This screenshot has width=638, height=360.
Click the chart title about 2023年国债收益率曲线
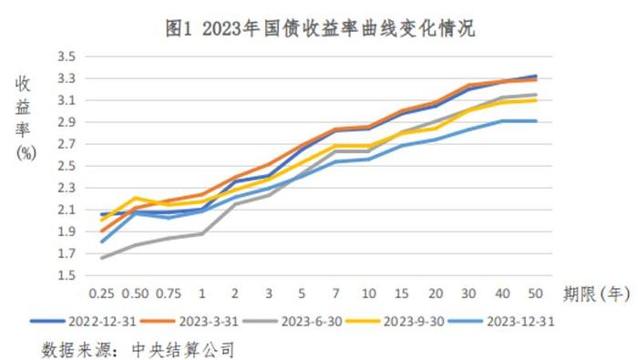[319, 28]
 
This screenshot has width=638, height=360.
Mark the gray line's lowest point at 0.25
[100, 258]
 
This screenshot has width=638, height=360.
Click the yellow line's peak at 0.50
[136, 198]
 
